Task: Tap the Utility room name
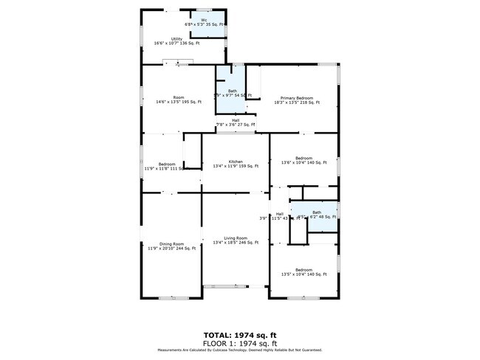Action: [176, 38]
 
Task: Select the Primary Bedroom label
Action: [295, 98]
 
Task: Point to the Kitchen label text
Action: [236, 162]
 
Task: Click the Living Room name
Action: [236, 238]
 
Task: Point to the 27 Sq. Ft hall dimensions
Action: [236, 125]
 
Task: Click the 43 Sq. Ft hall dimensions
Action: [284, 218]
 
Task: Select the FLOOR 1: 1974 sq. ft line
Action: [239, 343]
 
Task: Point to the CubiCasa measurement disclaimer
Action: [239, 350]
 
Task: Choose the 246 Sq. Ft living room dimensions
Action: [236, 243]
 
